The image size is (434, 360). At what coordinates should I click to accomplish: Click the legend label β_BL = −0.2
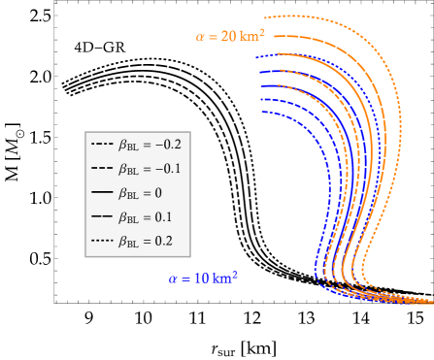click(150, 145)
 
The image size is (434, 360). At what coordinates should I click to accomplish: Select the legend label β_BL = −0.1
click(150, 169)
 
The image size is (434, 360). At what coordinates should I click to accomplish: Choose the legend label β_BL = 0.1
click(146, 217)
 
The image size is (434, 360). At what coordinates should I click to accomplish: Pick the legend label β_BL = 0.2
click(146, 242)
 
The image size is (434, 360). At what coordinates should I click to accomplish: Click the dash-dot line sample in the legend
click(102, 145)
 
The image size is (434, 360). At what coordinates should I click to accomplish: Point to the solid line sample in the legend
click(102, 193)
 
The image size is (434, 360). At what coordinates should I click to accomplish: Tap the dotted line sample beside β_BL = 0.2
click(102, 242)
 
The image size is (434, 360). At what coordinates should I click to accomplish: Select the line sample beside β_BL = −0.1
click(102, 169)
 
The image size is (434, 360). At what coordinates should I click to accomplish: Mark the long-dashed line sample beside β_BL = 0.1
click(102, 217)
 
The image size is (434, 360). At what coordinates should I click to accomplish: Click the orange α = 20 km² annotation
click(230, 36)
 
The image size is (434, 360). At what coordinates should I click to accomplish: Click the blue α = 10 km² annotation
click(203, 278)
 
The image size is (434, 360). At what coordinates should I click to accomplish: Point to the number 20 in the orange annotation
click(229, 37)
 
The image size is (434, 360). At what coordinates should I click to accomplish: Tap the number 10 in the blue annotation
click(202, 278)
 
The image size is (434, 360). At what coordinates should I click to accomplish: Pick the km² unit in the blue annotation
click(225, 278)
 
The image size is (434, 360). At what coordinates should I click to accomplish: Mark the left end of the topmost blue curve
click(257, 58)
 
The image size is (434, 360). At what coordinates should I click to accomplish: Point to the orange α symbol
click(200, 37)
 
